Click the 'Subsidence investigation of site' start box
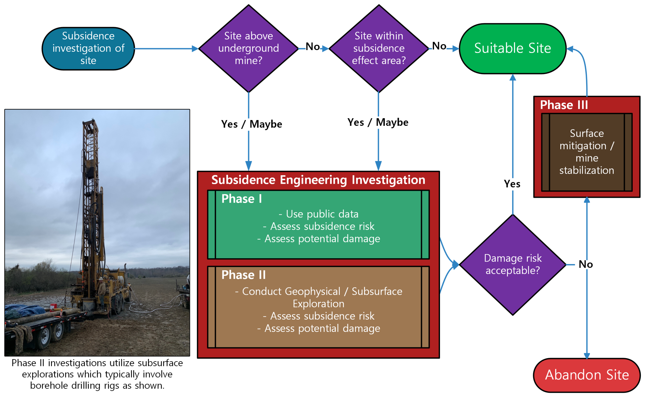(x=88, y=49)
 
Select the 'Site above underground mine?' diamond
(x=248, y=49)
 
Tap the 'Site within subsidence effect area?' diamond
(x=379, y=49)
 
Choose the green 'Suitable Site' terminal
(x=513, y=49)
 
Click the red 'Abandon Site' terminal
(x=587, y=375)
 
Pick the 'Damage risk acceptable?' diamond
(x=513, y=265)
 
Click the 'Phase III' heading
(x=564, y=105)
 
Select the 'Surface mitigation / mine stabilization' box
(x=587, y=152)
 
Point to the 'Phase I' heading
(x=242, y=199)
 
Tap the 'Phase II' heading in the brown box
(x=243, y=275)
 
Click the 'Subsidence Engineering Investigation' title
(x=318, y=180)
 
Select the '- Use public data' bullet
(x=318, y=214)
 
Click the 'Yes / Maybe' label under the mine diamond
(x=251, y=124)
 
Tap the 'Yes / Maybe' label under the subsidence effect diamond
(x=378, y=122)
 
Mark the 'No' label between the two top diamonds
(x=313, y=47)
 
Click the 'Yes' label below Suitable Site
(x=512, y=184)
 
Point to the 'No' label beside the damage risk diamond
(x=586, y=264)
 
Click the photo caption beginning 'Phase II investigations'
(x=97, y=374)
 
